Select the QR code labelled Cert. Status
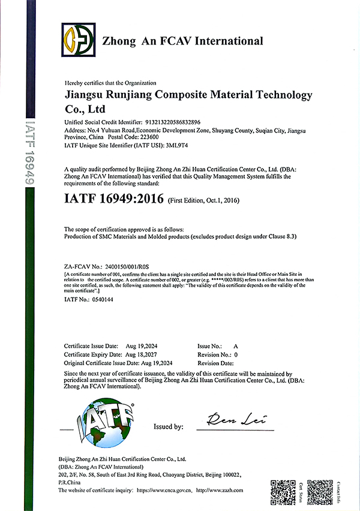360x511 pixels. [283, 491]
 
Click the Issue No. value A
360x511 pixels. [236, 347]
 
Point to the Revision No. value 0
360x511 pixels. [236, 354]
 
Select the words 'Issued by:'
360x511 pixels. [169, 426]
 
